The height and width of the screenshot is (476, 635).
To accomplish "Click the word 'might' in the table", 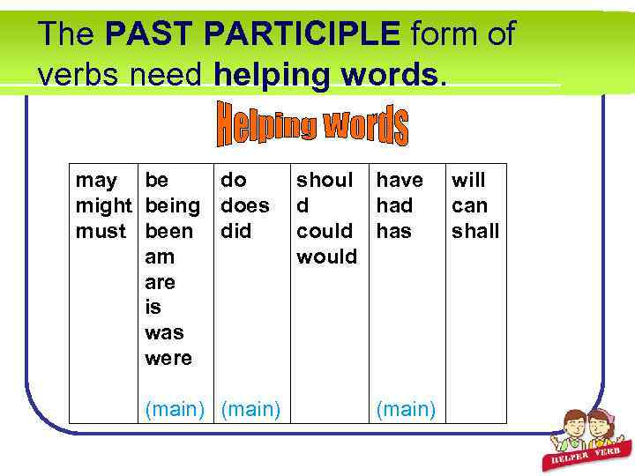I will [101, 206].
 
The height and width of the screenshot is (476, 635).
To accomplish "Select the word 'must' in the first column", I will [101, 231].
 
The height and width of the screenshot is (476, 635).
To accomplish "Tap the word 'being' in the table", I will [172, 206].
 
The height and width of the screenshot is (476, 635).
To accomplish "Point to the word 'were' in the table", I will [168, 358].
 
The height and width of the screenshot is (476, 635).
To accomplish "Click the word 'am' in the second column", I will [160, 257].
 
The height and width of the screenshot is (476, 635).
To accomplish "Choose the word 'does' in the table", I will [244, 206].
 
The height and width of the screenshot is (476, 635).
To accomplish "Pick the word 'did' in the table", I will [235, 231].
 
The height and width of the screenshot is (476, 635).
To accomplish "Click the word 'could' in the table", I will [325, 231].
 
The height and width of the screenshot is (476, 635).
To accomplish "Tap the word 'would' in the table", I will [326, 257].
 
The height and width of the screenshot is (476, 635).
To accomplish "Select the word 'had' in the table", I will [394, 206].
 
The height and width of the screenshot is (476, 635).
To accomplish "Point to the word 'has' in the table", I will [393, 231].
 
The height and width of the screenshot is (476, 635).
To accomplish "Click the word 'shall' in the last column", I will [475, 231].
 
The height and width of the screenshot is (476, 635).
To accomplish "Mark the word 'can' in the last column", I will [468, 206].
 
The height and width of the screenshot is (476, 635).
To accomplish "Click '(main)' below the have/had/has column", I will [406, 408].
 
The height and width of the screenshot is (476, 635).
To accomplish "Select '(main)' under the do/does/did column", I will [250, 408].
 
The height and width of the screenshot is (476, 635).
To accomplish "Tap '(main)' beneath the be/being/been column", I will [175, 408].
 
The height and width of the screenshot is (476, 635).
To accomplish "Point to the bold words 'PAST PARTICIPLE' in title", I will [251, 34].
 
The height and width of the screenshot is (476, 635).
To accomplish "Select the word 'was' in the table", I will [164, 332].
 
